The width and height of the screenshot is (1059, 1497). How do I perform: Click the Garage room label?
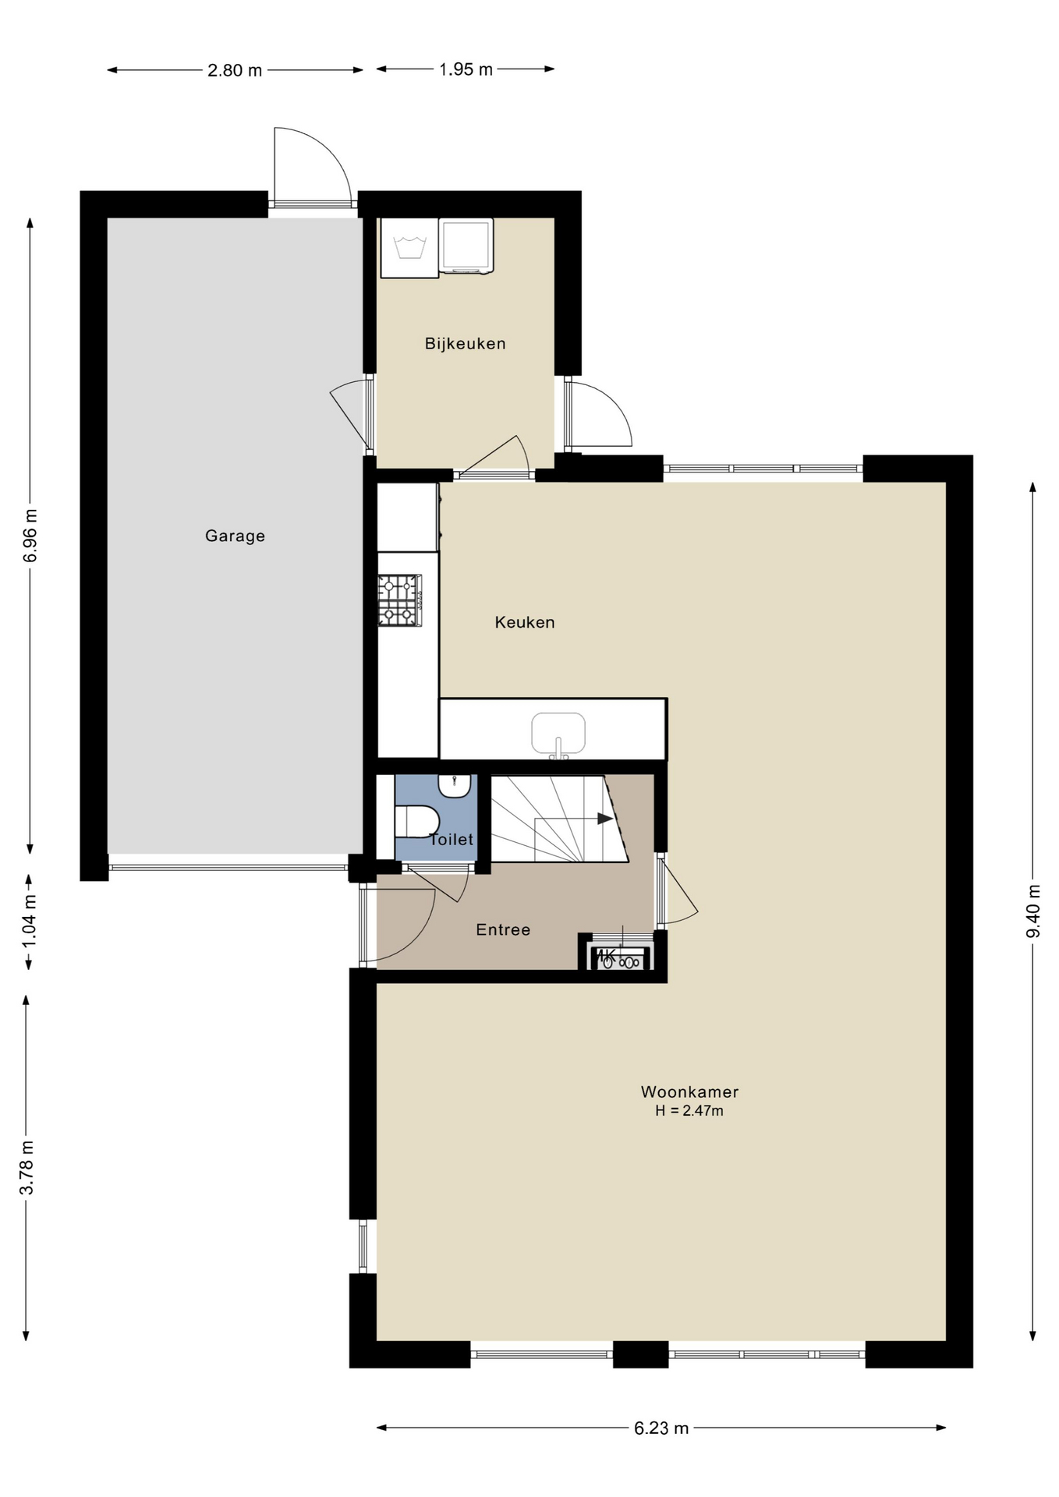[235, 536]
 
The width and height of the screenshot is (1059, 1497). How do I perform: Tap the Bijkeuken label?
[465, 343]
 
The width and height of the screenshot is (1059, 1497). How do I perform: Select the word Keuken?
[525, 622]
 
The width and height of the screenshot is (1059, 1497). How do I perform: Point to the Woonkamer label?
[689, 1092]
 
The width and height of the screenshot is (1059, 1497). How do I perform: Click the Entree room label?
[503, 929]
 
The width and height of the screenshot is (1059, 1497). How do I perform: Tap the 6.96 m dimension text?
[30, 535]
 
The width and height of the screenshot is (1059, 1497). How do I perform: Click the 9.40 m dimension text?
[1033, 911]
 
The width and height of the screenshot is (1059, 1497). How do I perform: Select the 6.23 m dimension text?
[661, 1428]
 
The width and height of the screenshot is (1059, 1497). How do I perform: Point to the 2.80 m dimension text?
[235, 70]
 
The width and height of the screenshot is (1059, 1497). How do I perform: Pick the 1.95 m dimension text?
[466, 69]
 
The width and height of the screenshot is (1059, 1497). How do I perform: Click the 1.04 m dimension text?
[29, 922]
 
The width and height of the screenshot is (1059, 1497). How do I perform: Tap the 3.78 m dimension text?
[27, 1167]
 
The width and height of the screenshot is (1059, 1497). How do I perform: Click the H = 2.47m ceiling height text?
[689, 1110]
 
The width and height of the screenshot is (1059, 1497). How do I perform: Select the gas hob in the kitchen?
[400, 600]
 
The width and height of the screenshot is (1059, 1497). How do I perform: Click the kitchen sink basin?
[558, 733]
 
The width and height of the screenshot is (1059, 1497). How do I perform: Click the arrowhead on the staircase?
[605, 819]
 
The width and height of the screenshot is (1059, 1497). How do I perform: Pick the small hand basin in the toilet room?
[454, 785]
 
